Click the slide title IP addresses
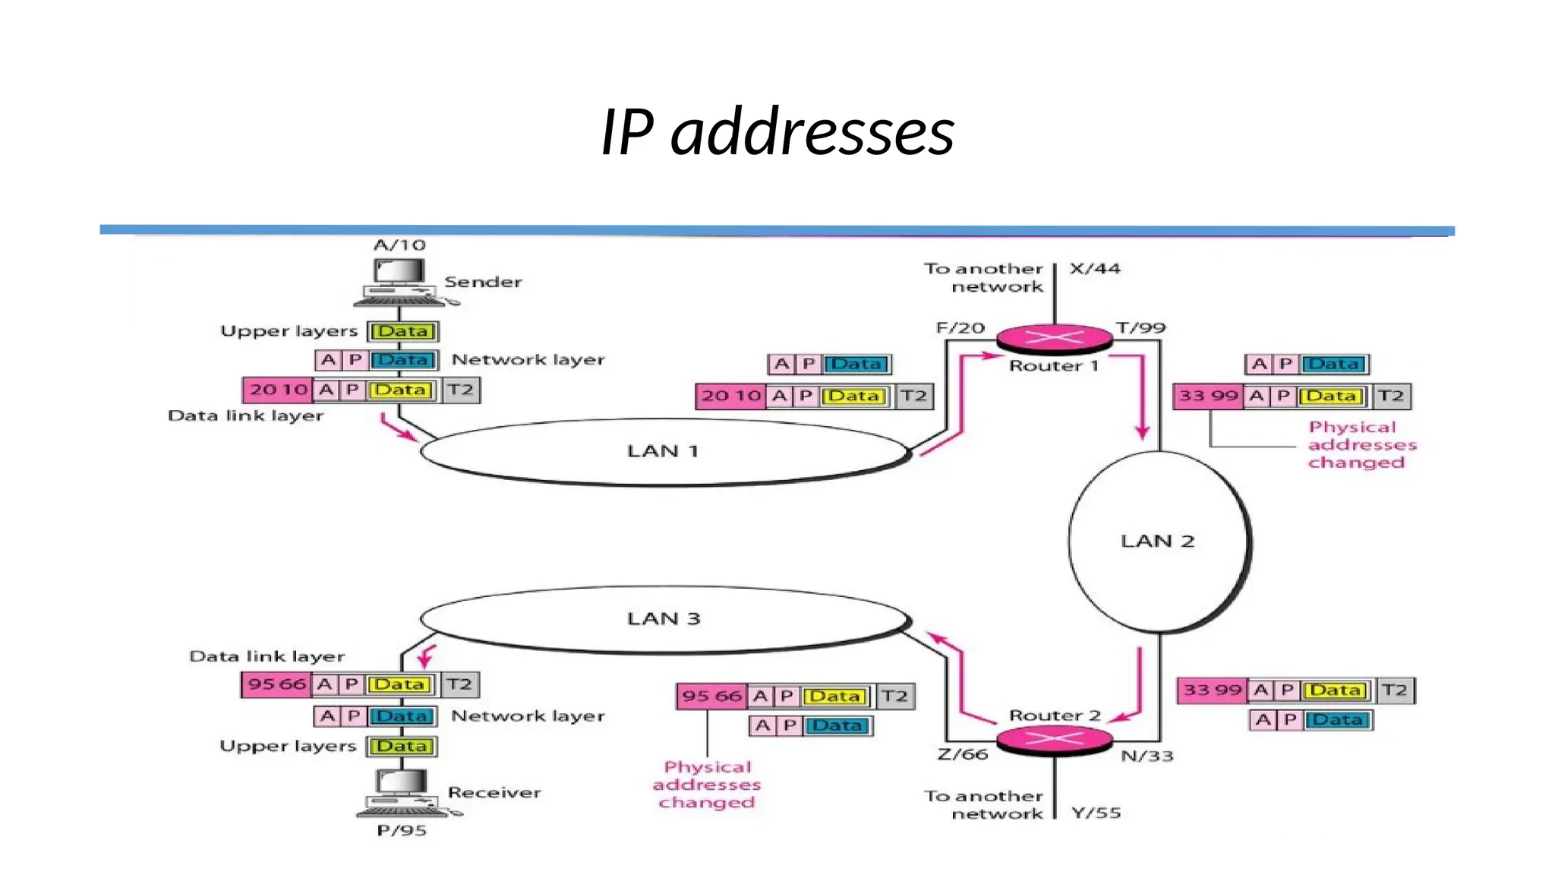pos(777,132)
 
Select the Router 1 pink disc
pos(1054,338)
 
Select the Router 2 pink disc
pos(1054,739)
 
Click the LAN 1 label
pos(662,451)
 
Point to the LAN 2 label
pos(1157,541)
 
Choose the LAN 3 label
pos(663,618)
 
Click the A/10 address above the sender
pos(399,245)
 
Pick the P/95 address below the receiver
pos(402,830)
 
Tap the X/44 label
pos(1094,268)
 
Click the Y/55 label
pos(1096,813)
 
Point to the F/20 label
pos(960,327)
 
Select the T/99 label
pos(1140,327)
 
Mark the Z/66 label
pos(962,754)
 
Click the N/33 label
pos(1147,756)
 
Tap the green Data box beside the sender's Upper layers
pos(402,331)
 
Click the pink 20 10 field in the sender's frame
pos(278,390)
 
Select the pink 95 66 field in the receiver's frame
pos(276,684)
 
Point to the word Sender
pos(483,282)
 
